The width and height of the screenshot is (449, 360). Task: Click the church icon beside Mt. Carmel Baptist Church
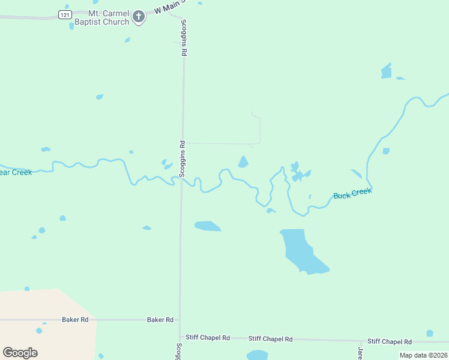pyautogui.click(x=139, y=17)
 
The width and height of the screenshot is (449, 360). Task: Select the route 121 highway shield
pyautogui.click(x=64, y=14)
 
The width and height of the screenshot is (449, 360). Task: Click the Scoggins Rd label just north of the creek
pyautogui.click(x=182, y=158)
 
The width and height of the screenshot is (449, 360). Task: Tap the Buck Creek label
pyautogui.click(x=352, y=193)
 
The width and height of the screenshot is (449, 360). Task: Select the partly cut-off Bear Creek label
pyautogui.click(x=15, y=172)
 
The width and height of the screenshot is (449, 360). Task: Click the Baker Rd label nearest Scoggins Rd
pyautogui.click(x=160, y=320)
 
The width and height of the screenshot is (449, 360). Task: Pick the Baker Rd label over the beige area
pyautogui.click(x=75, y=320)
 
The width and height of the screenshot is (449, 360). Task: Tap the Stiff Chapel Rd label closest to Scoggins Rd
pyautogui.click(x=208, y=338)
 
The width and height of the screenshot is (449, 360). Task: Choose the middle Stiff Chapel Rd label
pyautogui.click(x=270, y=339)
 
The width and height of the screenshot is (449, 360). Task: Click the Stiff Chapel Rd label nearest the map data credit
pyautogui.click(x=389, y=341)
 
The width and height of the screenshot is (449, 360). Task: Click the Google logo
pyautogui.click(x=20, y=353)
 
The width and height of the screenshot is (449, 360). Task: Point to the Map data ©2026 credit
pyautogui.click(x=423, y=355)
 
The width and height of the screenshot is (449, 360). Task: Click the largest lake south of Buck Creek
pyautogui.click(x=300, y=249)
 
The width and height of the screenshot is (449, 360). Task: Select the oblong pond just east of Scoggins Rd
pyautogui.click(x=207, y=226)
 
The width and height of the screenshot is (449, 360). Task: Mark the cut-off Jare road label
pyautogui.click(x=361, y=353)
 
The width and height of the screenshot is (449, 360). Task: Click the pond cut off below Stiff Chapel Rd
pyautogui.click(x=257, y=355)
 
